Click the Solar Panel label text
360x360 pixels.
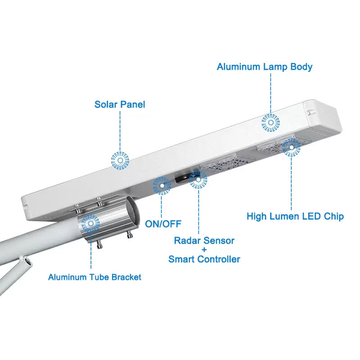(120, 104)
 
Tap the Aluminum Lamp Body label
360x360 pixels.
(265, 67)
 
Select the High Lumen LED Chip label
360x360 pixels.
(295, 216)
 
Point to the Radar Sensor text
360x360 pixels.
(204, 241)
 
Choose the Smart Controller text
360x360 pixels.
(204, 259)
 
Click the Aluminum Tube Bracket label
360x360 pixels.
(94, 277)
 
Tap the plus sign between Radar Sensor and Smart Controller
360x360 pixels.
(204, 250)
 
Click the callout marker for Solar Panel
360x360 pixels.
(120, 160)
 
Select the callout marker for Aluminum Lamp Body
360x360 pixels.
(271, 122)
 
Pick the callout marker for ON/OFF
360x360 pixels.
(162, 185)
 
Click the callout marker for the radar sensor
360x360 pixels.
(198, 179)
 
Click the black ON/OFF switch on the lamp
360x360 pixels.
(183, 178)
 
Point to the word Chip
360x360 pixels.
(333, 216)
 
